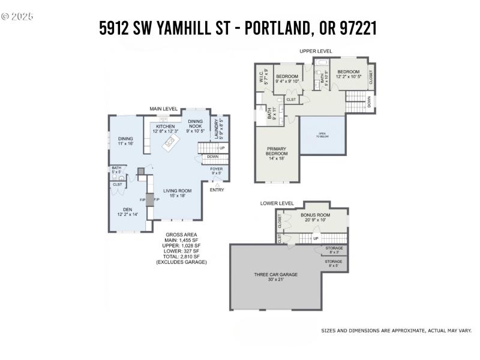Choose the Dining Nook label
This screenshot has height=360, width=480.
(x=195, y=124)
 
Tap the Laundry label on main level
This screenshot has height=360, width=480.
(x=218, y=127)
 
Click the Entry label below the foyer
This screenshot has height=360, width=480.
(x=217, y=190)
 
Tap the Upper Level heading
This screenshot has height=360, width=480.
(x=316, y=51)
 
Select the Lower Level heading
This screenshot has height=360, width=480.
(x=277, y=203)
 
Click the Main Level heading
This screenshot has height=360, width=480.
(x=163, y=109)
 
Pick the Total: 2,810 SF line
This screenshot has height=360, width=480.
(x=181, y=257)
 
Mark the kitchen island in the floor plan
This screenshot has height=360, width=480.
(x=170, y=142)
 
